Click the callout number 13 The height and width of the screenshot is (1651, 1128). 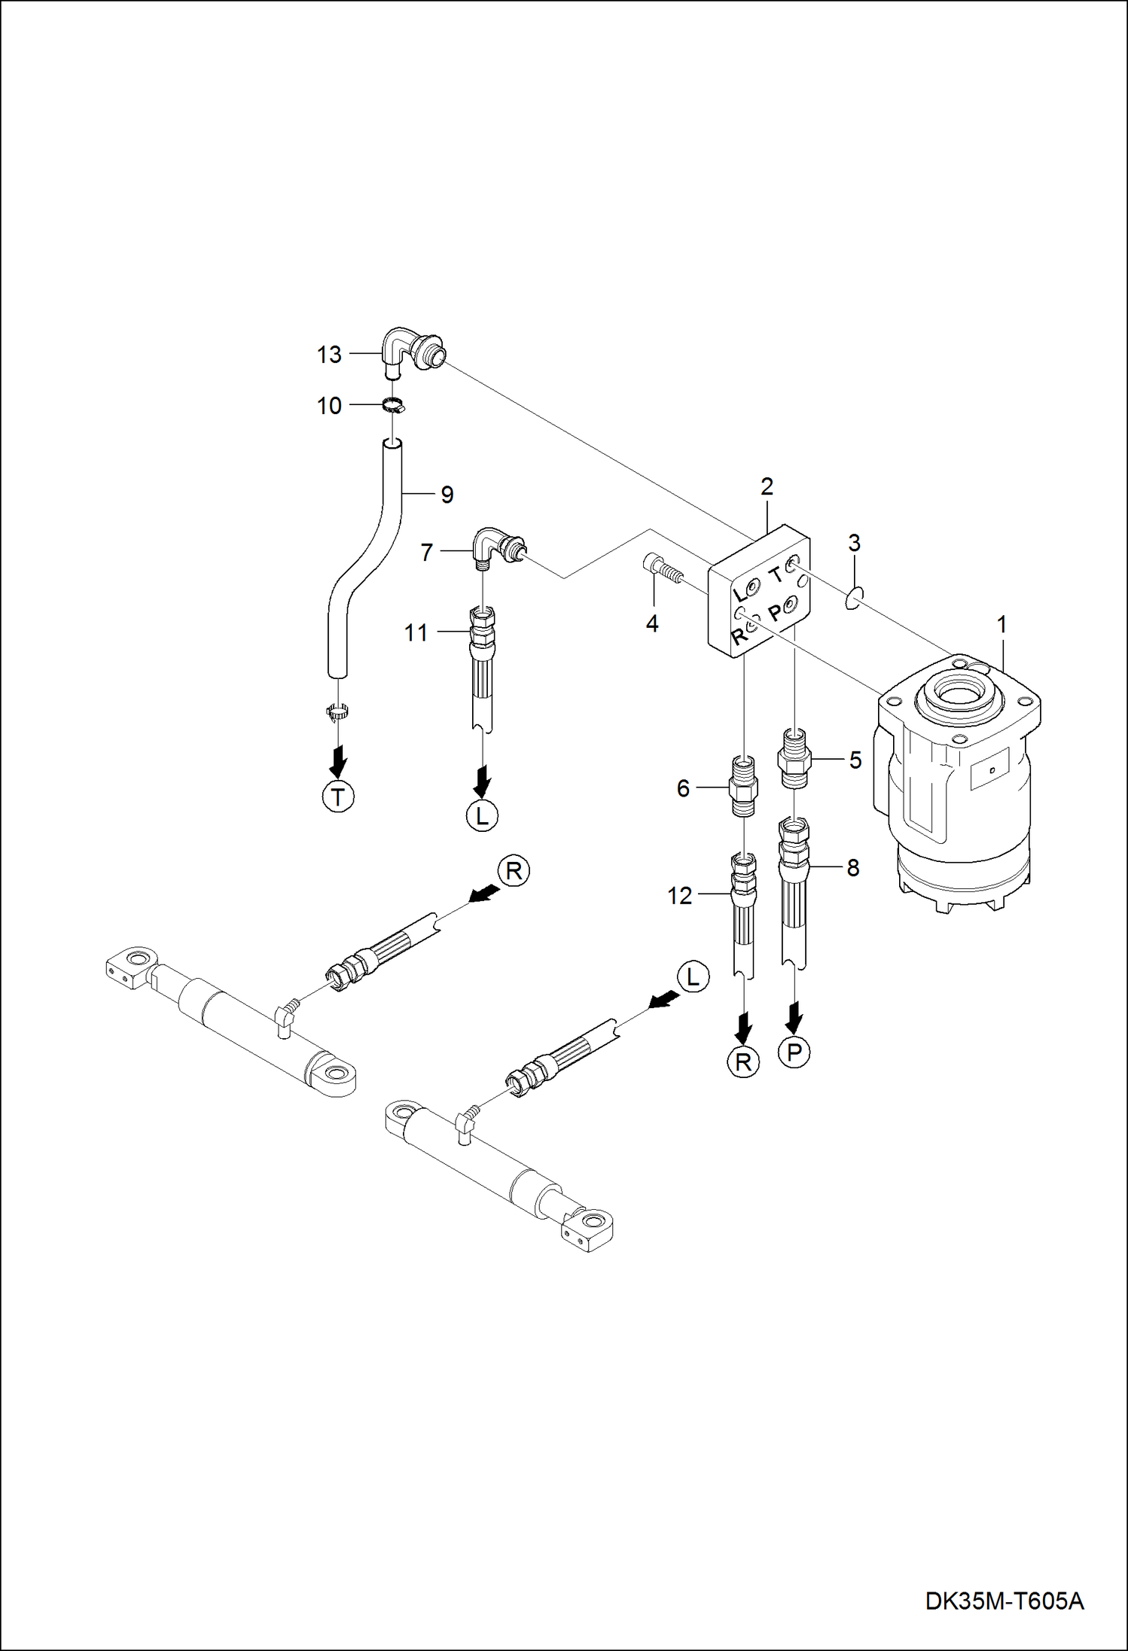[329, 355]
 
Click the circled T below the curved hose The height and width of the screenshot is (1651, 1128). [339, 796]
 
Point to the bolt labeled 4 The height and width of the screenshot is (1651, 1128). [663, 569]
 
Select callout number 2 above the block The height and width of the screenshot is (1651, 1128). [767, 487]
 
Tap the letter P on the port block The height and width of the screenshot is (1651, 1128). [775, 613]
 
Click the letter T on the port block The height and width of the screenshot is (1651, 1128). [776, 576]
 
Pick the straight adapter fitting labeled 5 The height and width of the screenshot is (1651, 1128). [792, 757]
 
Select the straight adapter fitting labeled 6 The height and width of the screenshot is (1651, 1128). [743, 789]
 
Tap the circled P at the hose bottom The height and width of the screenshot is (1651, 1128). [794, 1052]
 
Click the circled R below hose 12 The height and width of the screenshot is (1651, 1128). [743, 1062]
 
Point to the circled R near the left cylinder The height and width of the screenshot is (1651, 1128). [514, 872]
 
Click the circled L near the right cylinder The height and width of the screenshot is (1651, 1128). [693, 977]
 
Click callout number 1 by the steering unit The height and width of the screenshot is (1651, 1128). [1001, 625]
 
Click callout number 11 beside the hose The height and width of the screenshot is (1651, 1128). [416, 633]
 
